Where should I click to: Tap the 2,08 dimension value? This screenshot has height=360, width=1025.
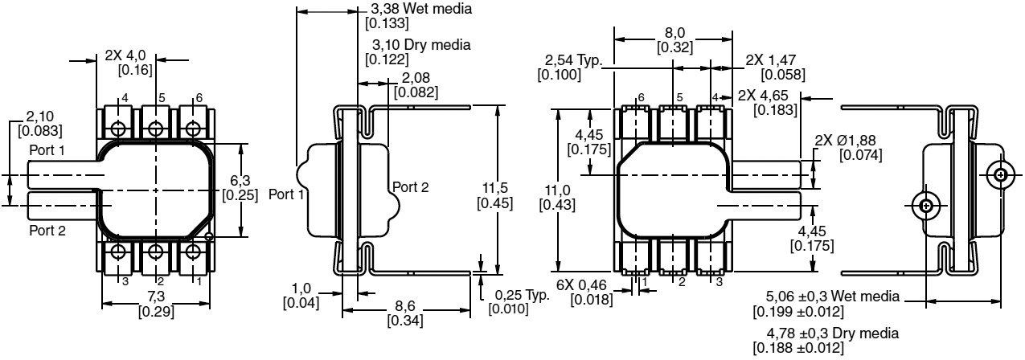416,77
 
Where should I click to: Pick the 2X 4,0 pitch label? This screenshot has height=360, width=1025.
125,56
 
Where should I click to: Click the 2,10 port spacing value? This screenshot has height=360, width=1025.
40,117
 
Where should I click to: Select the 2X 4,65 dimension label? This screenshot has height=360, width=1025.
768,96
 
